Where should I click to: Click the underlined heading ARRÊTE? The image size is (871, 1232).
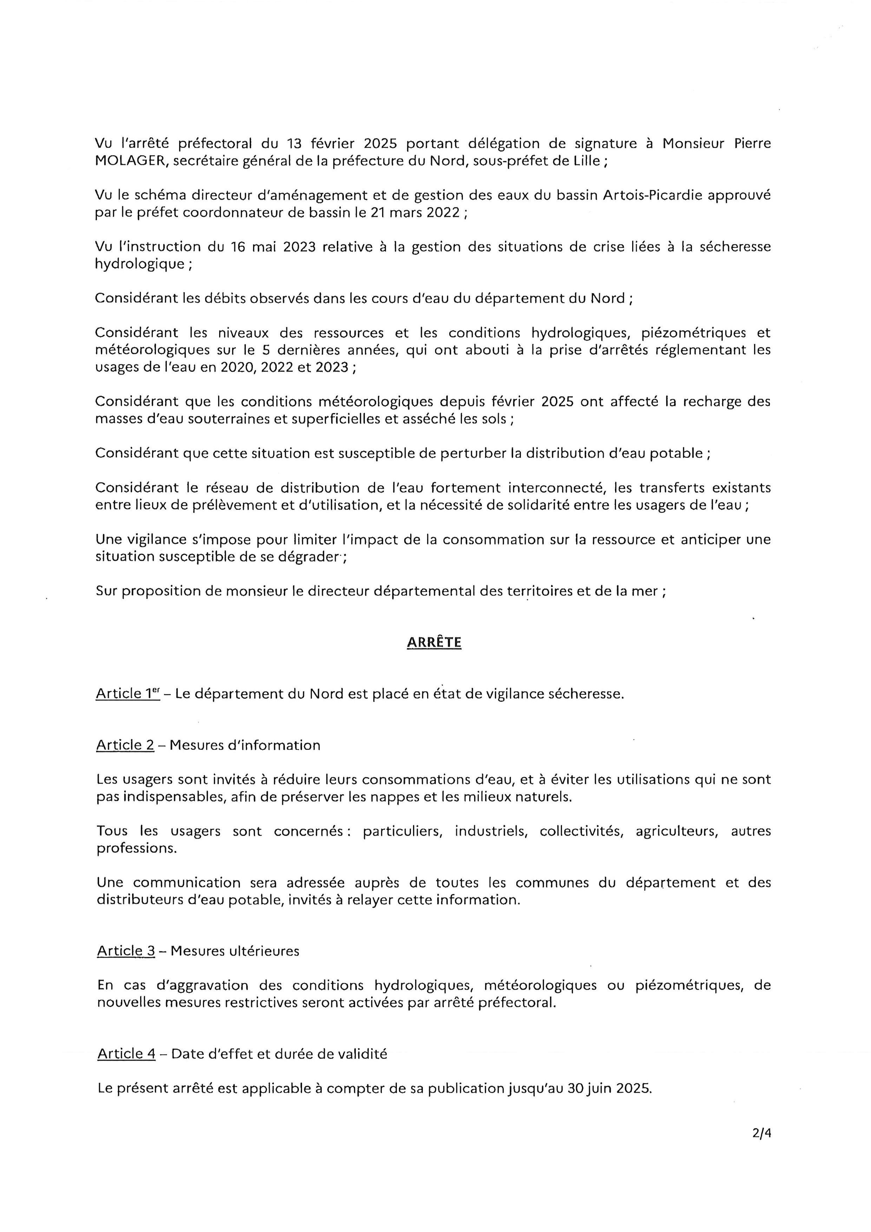434,642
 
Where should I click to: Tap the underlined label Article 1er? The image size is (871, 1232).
128,694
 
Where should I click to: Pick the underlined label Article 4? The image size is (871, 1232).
127,1054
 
